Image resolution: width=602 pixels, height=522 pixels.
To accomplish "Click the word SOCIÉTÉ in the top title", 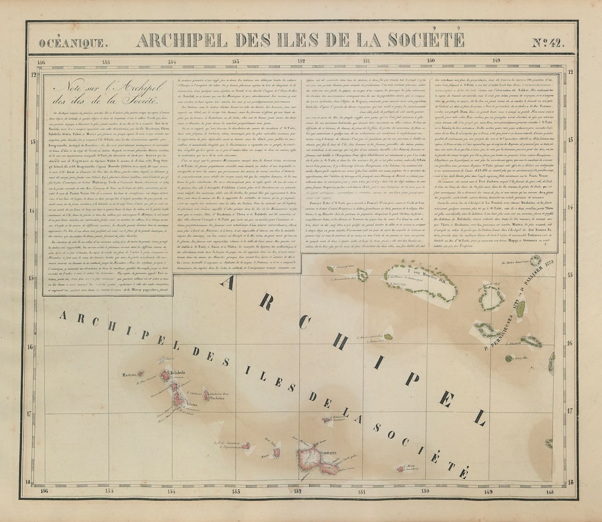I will [429, 40].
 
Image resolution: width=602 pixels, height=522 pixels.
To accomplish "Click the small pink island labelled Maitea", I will [401, 468].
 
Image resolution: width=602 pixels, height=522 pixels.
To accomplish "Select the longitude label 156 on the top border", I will [41, 62].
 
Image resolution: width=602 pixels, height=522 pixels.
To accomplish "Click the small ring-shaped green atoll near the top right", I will [536, 261].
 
